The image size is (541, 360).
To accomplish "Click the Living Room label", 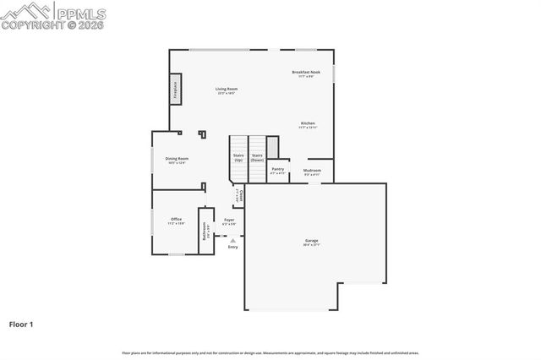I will (x=226, y=90).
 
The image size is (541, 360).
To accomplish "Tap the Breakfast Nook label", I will (x=306, y=74).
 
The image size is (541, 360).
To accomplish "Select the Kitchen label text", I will (x=308, y=124).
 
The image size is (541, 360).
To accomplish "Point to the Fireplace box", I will (x=176, y=89).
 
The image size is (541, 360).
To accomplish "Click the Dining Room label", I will (x=177, y=160).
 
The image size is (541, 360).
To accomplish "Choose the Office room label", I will (x=176, y=221).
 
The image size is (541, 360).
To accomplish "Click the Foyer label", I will (x=229, y=221).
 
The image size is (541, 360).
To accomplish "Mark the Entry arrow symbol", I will (x=232, y=240).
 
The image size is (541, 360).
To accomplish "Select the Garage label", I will (x=312, y=242).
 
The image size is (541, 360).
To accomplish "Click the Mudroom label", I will (x=312, y=172).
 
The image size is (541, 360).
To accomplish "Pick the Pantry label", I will (x=277, y=170).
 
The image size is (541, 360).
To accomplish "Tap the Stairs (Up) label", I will (x=238, y=157).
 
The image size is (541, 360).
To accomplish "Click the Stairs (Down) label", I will (x=257, y=157).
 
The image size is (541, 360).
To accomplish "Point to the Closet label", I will (x=241, y=196).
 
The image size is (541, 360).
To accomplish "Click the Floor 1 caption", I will (x=22, y=323).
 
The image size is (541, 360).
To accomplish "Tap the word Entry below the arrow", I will (x=232, y=247).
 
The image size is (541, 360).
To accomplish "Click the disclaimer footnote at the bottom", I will (x=270, y=352).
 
